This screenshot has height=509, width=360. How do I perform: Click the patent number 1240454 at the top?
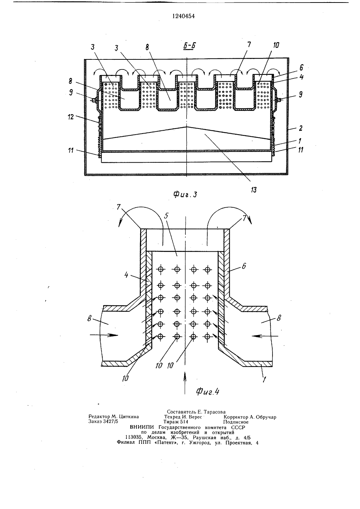[183, 16]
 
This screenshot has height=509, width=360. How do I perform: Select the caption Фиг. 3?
[185, 194]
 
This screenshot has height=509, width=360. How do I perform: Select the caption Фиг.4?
[207, 391]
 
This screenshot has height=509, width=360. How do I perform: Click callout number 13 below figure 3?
[254, 189]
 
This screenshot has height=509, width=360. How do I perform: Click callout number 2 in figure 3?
[301, 128]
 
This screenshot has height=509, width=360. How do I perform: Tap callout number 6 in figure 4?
[244, 266]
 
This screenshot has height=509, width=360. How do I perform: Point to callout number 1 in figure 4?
[264, 379]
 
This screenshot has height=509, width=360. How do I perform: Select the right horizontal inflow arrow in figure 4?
[264, 335]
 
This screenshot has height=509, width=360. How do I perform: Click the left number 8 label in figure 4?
[89, 319]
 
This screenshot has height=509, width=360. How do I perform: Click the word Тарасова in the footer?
[215, 412]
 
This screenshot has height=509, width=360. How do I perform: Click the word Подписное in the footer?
[236, 422]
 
